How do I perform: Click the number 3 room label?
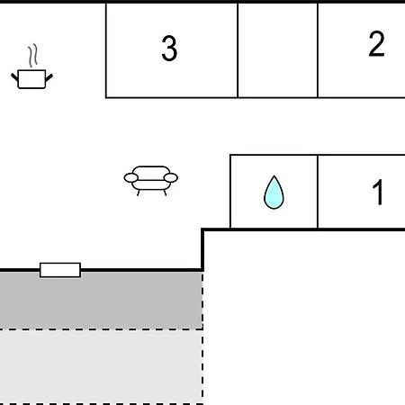pyautogui.click(x=169, y=48)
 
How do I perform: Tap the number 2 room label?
pyautogui.click(x=376, y=44)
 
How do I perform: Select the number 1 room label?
pyautogui.click(x=378, y=192)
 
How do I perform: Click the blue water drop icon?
pyautogui.click(x=274, y=193)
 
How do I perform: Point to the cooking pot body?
pyautogui.click(x=31, y=79)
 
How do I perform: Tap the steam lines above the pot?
pyautogui.click(x=33, y=56)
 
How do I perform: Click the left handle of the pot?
pyautogui.click(x=14, y=76)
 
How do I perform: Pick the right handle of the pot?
pyautogui.click(x=49, y=77)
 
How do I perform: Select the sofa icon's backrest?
pyautogui.click(x=151, y=170)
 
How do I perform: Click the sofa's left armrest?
pyautogui.click(x=131, y=178)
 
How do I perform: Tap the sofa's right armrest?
pyautogui.click(x=171, y=178)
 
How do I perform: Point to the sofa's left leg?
pyautogui.click(x=139, y=193)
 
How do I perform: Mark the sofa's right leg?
pyautogui.click(x=165, y=193)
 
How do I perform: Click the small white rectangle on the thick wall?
pyautogui.click(x=60, y=270)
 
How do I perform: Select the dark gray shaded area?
pyautogui.click(x=101, y=301)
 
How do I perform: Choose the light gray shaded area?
pyautogui.click(x=101, y=367)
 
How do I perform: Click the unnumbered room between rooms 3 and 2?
pyautogui.click(x=277, y=50)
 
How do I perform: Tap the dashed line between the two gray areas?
pyautogui.click(x=102, y=329)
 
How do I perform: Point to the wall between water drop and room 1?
pyautogui.click(x=318, y=192)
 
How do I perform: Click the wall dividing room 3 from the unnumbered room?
pyautogui.click(x=238, y=50)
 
